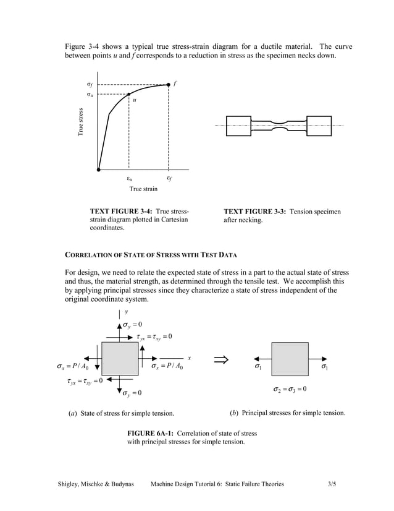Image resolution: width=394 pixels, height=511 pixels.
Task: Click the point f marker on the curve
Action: pyautogui.click(x=169, y=84)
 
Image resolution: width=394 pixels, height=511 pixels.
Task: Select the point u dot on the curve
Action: pyautogui.click(x=128, y=95)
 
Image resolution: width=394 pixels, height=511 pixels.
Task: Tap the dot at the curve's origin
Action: pyautogui.click(x=99, y=169)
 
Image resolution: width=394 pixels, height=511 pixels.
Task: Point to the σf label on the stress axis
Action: pyautogui.click(x=90, y=85)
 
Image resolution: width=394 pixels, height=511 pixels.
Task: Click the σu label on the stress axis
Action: pyautogui.click(x=90, y=95)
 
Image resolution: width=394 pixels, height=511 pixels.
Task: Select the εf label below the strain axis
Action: pyautogui.click(x=169, y=179)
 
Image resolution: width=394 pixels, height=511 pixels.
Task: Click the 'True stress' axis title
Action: pyautogui.click(x=80, y=123)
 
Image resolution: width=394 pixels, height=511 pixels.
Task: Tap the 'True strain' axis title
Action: pyautogui.click(x=143, y=189)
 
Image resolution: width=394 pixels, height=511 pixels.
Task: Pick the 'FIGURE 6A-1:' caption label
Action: pyautogui.click(x=151, y=433)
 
